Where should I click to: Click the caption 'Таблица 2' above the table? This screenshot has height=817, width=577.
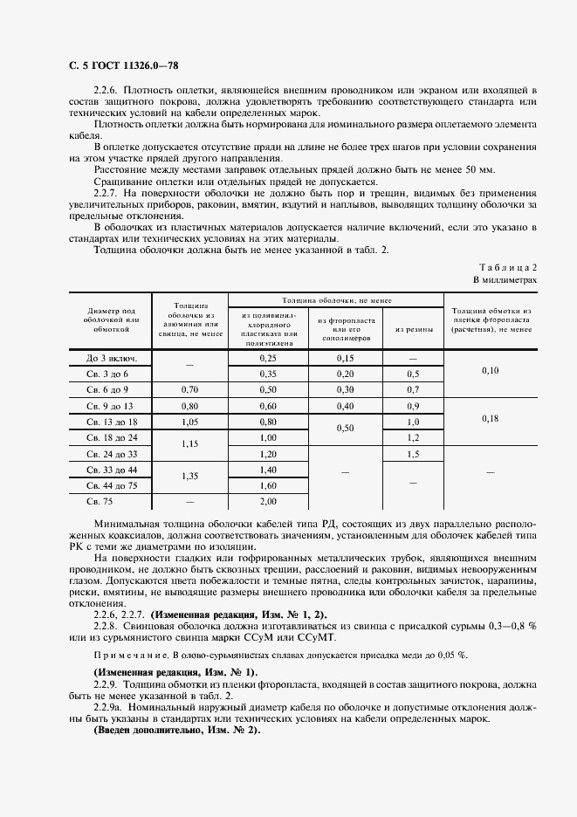point(509,266)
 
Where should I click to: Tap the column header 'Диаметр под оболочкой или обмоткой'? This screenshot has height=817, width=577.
point(113,319)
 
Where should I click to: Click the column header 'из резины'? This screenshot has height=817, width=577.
point(413,329)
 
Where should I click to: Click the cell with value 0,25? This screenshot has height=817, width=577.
point(267,358)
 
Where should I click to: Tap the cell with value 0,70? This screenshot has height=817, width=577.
point(190,389)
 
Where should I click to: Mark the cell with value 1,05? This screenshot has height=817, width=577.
point(190,422)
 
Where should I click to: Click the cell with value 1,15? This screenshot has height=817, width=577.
point(190,445)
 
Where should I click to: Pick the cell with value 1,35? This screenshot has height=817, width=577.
point(190,477)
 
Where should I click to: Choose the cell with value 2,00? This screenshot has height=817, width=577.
point(267,501)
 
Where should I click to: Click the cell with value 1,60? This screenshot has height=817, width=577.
point(267,485)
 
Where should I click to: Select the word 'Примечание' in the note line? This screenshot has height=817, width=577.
point(127,655)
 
